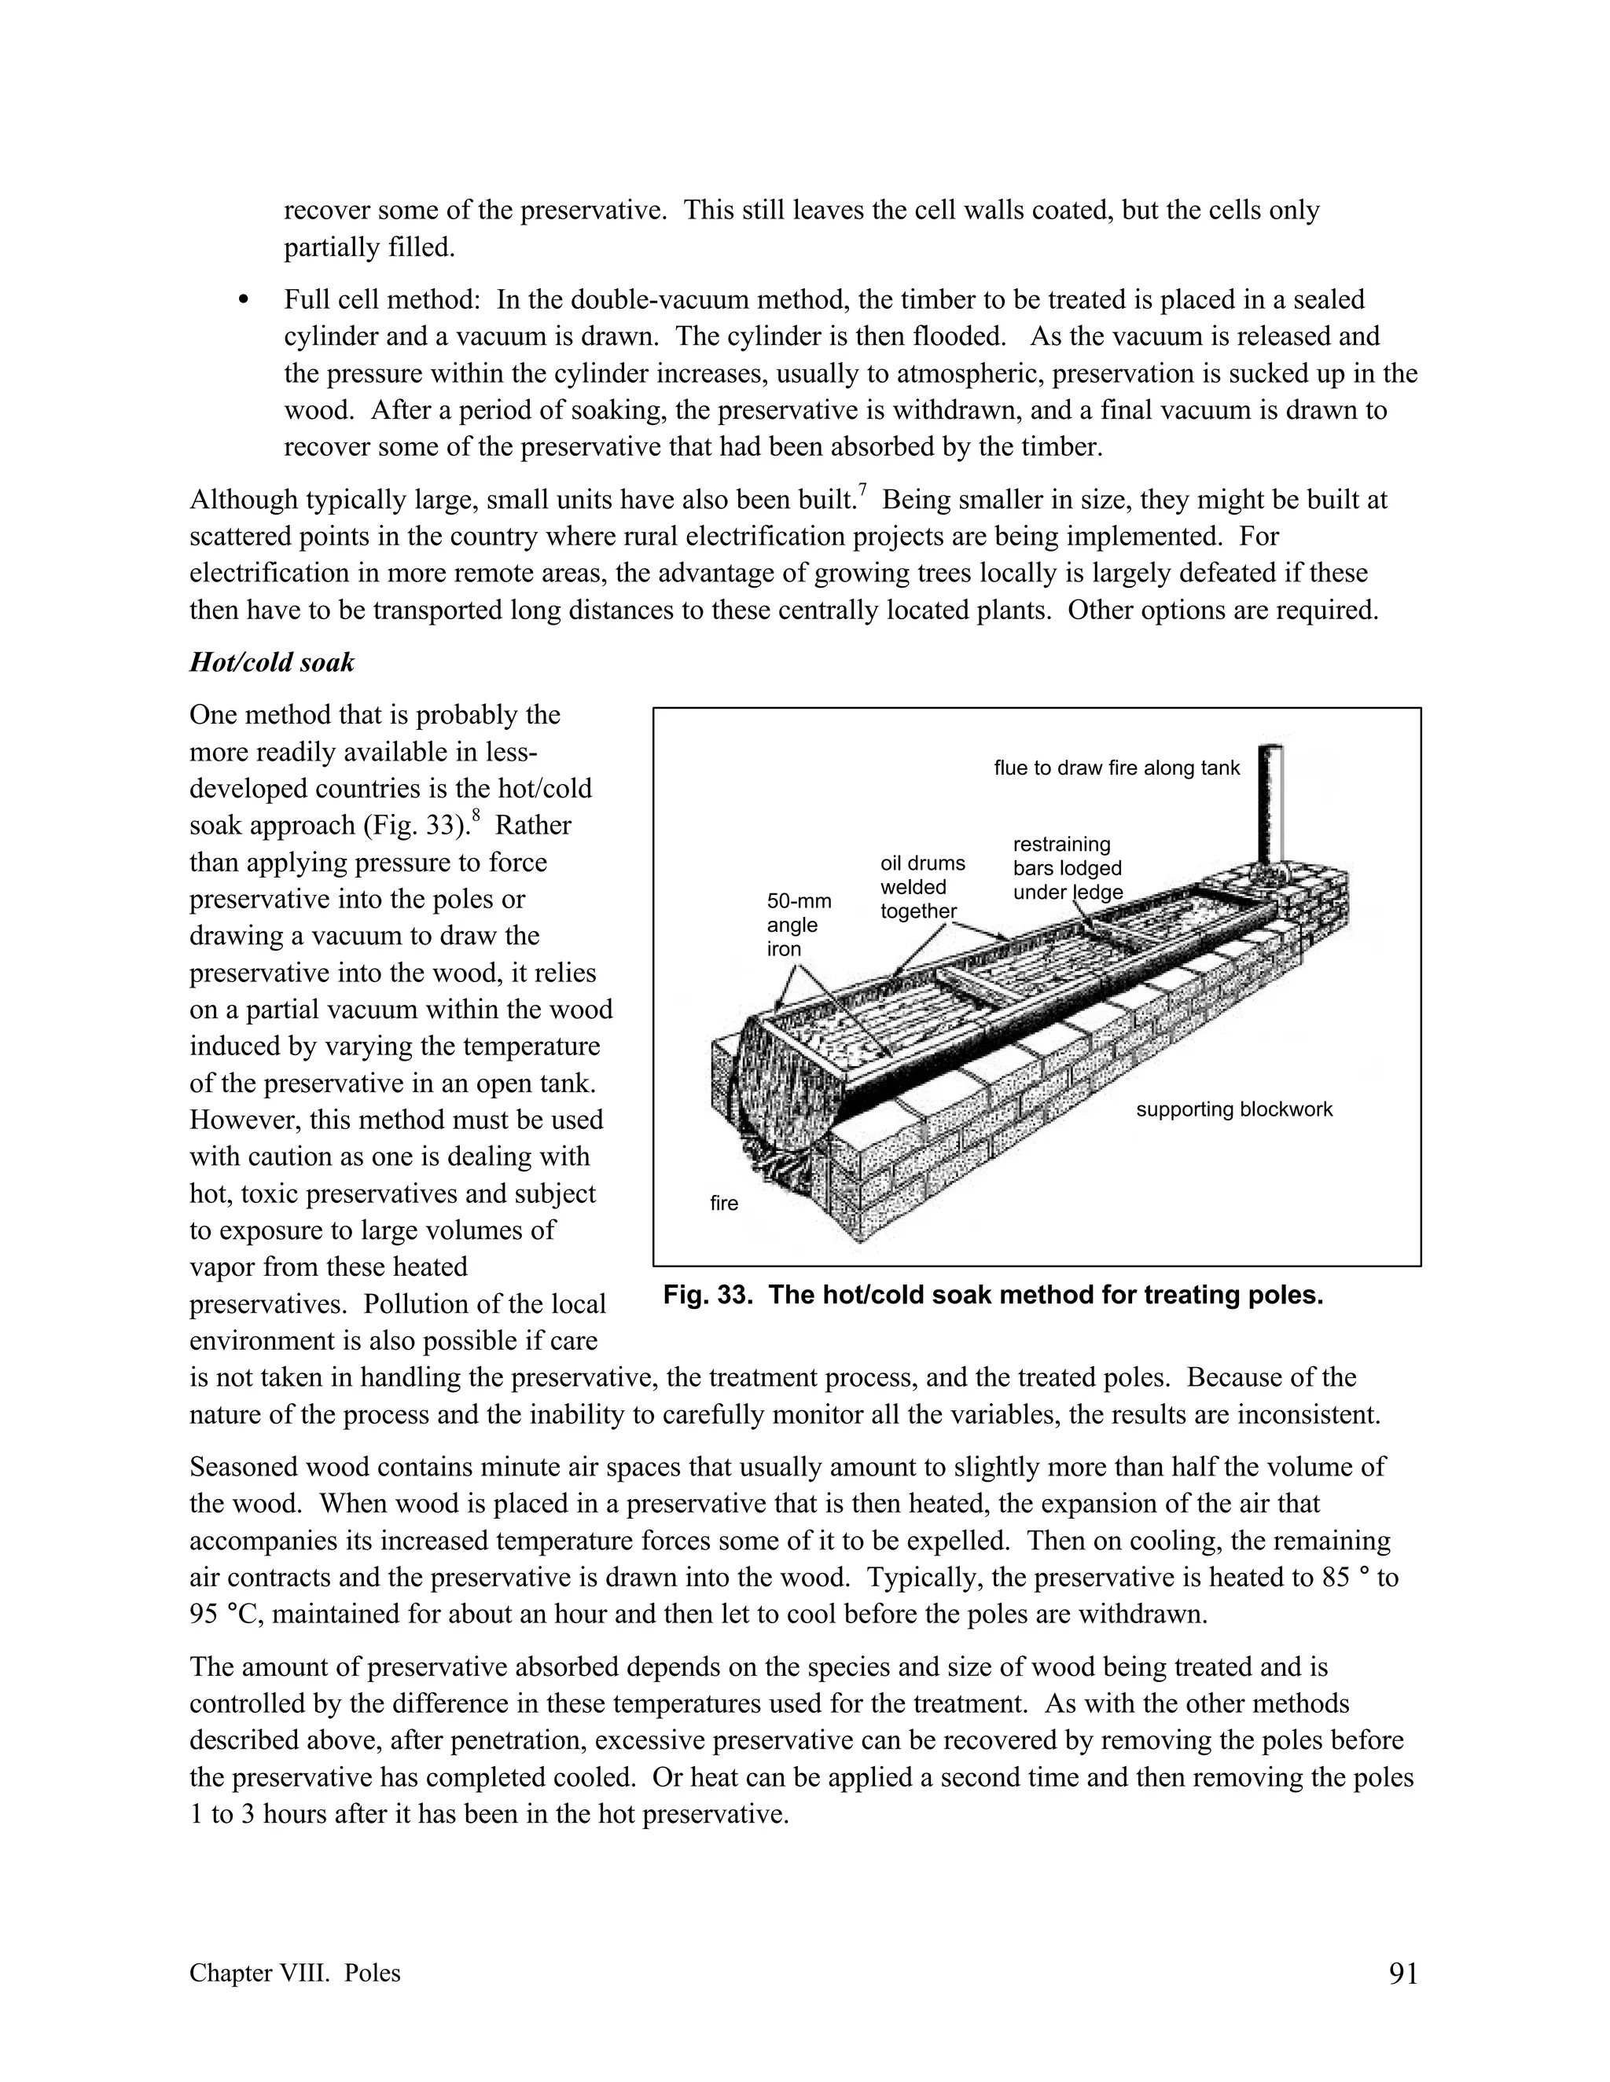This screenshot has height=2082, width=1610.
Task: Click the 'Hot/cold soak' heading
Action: pyautogui.click(x=271, y=662)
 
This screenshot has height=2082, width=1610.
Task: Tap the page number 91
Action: pyautogui.click(x=1403, y=1974)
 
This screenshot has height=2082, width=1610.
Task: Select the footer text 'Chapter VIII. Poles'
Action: pyautogui.click(x=295, y=1974)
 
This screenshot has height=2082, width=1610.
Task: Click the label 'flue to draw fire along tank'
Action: pyautogui.click(x=1116, y=768)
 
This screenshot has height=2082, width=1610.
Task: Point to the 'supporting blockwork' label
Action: pyautogui.click(x=1233, y=1109)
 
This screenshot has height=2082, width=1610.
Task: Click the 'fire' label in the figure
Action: pyautogui.click(x=724, y=1204)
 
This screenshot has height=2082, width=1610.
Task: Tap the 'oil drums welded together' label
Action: pyautogui.click(x=921, y=886)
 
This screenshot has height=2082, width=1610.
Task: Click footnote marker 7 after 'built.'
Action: pyautogui.click(x=862, y=490)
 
